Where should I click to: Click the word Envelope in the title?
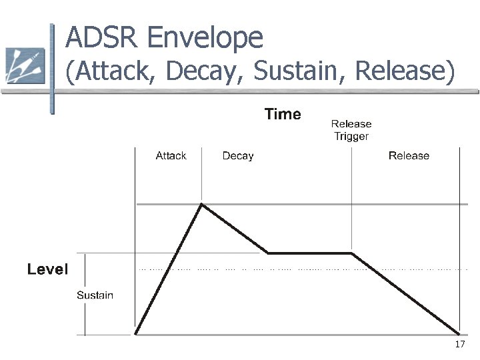[x=204, y=39]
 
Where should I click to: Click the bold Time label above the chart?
[x=283, y=115]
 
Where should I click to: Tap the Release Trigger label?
[x=351, y=130]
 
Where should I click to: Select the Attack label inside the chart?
[x=171, y=156]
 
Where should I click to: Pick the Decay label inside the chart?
[x=237, y=156]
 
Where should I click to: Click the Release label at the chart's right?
[x=409, y=156]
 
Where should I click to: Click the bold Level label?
[x=47, y=269]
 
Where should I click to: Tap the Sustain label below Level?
[x=95, y=295]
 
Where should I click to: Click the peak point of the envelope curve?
[x=202, y=204]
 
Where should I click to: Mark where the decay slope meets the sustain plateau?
[x=268, y=253]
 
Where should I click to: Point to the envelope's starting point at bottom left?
[x=136, y=333]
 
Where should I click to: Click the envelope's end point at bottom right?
[x=459, y=333]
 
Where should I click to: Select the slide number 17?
[x=459, y=345]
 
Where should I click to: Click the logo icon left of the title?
[x=25, y=66]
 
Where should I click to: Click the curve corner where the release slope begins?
[x=352, y=253]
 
